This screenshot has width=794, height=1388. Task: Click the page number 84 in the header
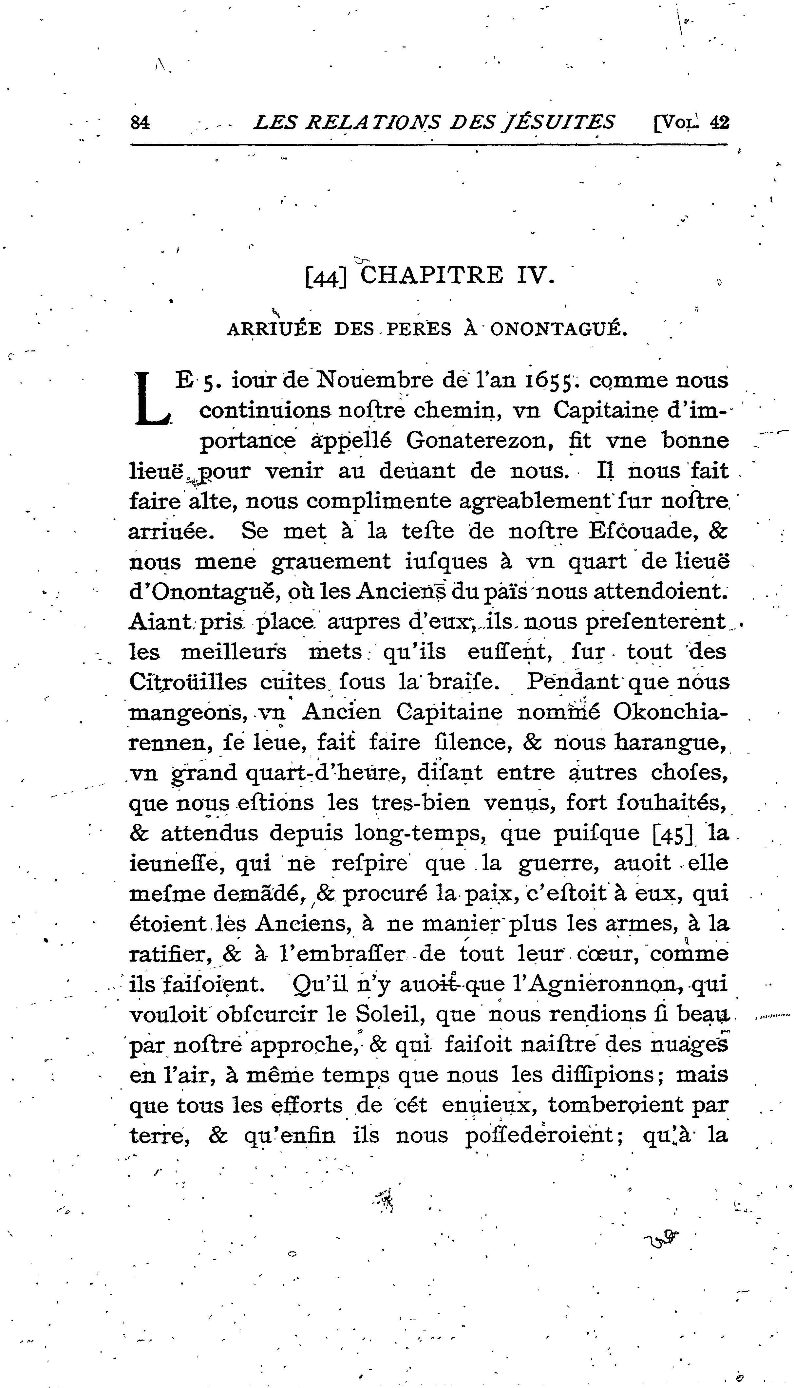pos(140,122)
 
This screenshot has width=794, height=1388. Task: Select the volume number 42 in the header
pos(719,122)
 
